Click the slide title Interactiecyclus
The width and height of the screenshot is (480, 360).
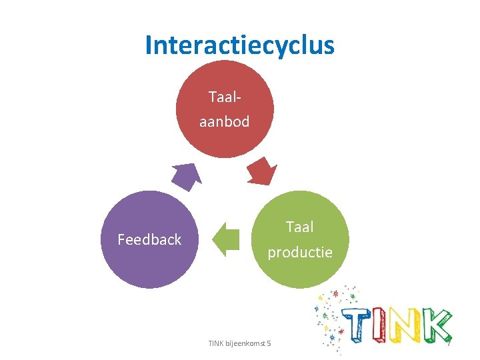pyautogui.click(x=239, y=45)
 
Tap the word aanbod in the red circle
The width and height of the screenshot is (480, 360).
pyautogui.click(x=224, y=121)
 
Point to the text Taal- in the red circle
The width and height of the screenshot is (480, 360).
pyautogui.click(x=225, y=97)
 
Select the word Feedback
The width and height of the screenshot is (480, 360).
pyautogui.click(x=149, y=239)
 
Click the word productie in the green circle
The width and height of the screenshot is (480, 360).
pyautogui.click(x=300, y=252)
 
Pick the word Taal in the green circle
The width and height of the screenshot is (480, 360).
pyautogui.click(x=300, y=227)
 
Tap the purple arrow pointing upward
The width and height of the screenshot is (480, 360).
pyautogui.click(x=186, y=177)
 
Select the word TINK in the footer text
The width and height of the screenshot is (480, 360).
pyautogui.click(x=216, y=343)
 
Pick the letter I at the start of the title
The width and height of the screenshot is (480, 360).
pyautogui.click(x=149, y=45)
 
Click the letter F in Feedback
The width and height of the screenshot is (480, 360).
pyautogui.click(x=121, y=239)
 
